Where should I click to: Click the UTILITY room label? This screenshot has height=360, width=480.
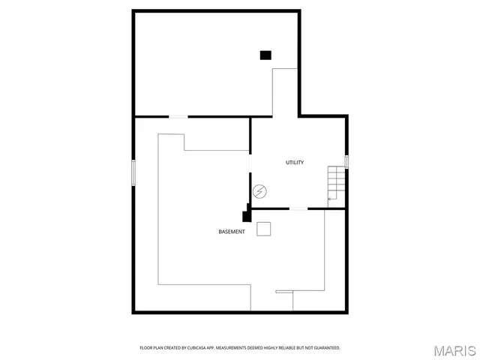point(295,163)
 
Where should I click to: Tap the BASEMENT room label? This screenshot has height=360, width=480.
point(231,232)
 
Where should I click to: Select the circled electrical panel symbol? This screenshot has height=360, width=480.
point(259,192)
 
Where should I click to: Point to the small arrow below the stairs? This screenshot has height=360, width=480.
point(332,199)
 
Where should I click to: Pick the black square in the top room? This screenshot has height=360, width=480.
point(265,54)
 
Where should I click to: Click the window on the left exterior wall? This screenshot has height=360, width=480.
point(133,171)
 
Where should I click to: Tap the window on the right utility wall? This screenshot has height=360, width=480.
point(346,160)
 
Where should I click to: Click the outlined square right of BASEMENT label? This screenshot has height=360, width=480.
point(263,229)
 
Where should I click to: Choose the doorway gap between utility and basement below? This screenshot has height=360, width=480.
point(298,208)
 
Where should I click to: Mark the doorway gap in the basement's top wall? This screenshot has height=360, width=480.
point(178,116)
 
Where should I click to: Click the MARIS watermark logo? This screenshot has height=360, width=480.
point(454,350)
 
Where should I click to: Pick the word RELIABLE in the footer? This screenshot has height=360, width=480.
point(291,348)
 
